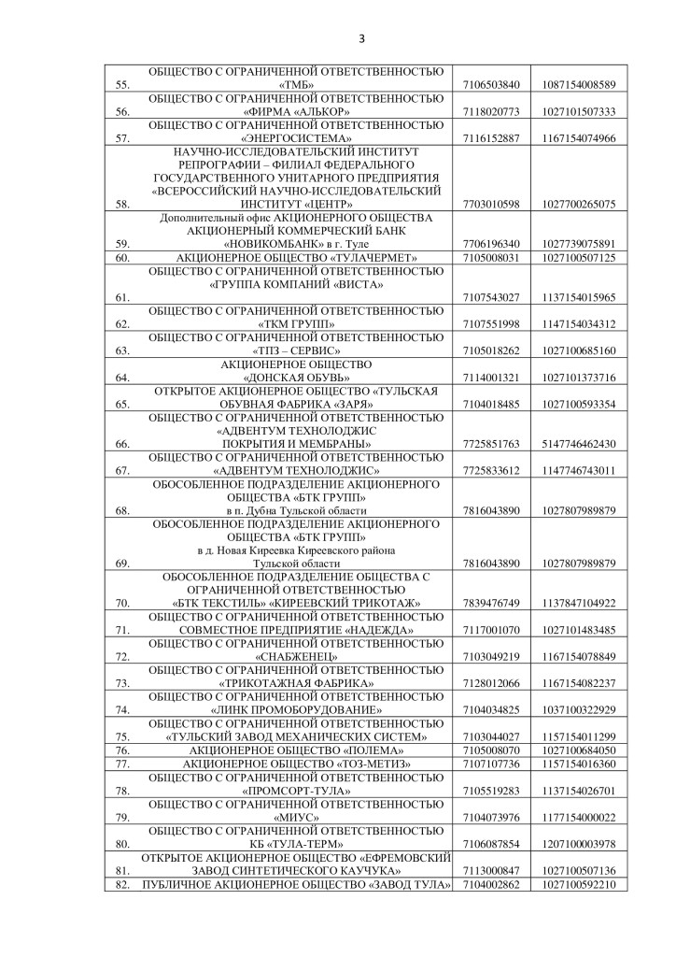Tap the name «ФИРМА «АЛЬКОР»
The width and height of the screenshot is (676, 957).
point(296,111)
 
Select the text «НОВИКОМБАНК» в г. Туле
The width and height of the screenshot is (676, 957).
point(296,244)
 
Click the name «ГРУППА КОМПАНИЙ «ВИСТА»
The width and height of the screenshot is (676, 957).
point(296,284)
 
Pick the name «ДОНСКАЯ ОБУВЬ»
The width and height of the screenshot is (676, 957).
point(296,377)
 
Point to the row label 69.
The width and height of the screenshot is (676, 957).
point(120,564)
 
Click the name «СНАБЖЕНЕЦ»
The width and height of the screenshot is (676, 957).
point(296,657)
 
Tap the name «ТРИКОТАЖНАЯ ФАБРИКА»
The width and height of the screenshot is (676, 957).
point(296,683)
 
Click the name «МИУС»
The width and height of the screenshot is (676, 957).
point(296,817)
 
